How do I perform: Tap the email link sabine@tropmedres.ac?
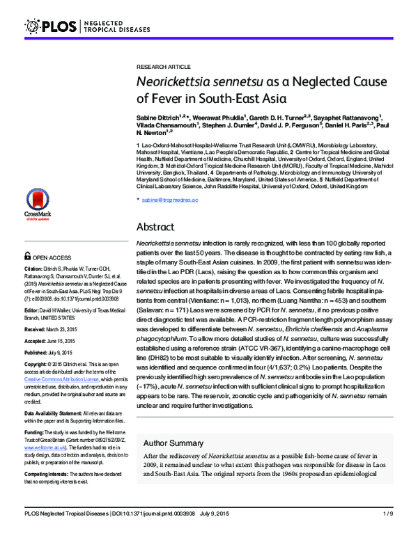[171, 200]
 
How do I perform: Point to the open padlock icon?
[27, 255]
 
